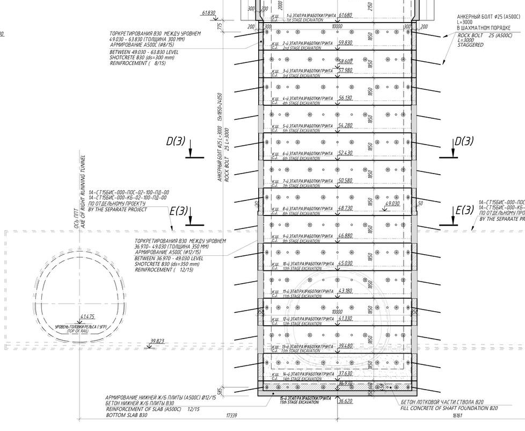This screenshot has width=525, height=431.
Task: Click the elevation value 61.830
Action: click(208, 13)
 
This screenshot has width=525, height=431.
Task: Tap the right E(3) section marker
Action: click(464, 210)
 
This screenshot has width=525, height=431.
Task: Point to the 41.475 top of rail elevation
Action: click(87, 317)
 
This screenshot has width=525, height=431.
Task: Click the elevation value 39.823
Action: click(157, 341)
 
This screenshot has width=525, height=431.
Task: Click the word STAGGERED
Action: click(471, 45)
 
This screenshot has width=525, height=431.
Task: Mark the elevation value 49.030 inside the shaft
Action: click(392, 204)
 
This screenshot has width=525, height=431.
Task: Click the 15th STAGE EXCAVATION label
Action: click(304, 401)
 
